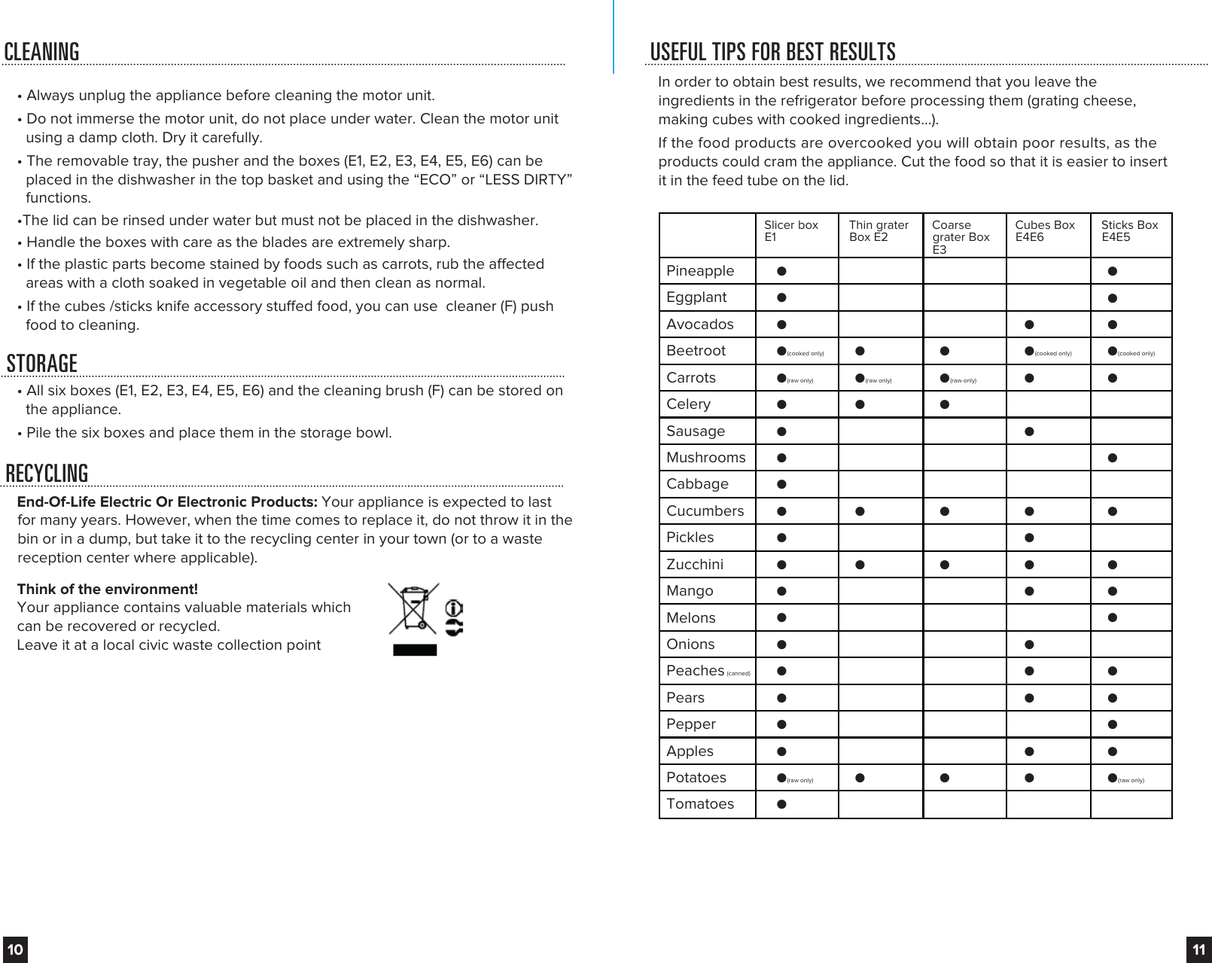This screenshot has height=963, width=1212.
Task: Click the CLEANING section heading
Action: pos(42,52)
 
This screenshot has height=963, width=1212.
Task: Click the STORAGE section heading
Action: pos(42,364)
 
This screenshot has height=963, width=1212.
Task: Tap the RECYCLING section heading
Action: pos(47,474)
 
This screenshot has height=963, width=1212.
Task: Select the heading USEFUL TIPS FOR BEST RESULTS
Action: pos(773,52)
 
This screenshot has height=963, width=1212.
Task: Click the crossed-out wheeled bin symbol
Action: pos(409,608)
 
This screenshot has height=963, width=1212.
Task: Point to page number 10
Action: pos(15,949)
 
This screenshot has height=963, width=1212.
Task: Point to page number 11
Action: pos(1198,949)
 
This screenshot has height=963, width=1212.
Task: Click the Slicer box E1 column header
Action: pos(790,231)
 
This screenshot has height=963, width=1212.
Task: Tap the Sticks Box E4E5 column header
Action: pos(1129,231)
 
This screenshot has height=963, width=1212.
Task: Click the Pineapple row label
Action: pos(700,271)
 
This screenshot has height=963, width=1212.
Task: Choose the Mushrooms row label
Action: pos(706,458)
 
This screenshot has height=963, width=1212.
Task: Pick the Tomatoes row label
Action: pos(700,804)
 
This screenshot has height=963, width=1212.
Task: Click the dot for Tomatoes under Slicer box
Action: pos(782,804)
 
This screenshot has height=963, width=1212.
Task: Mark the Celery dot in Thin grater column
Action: pos(860,404)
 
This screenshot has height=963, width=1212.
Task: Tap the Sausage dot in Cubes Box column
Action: pos(1029,431)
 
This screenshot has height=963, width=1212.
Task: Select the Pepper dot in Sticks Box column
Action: pos(1112,724)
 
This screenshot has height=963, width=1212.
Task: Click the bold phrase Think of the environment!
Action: pos(108,589)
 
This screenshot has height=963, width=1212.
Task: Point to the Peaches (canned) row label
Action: pos(696,671)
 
